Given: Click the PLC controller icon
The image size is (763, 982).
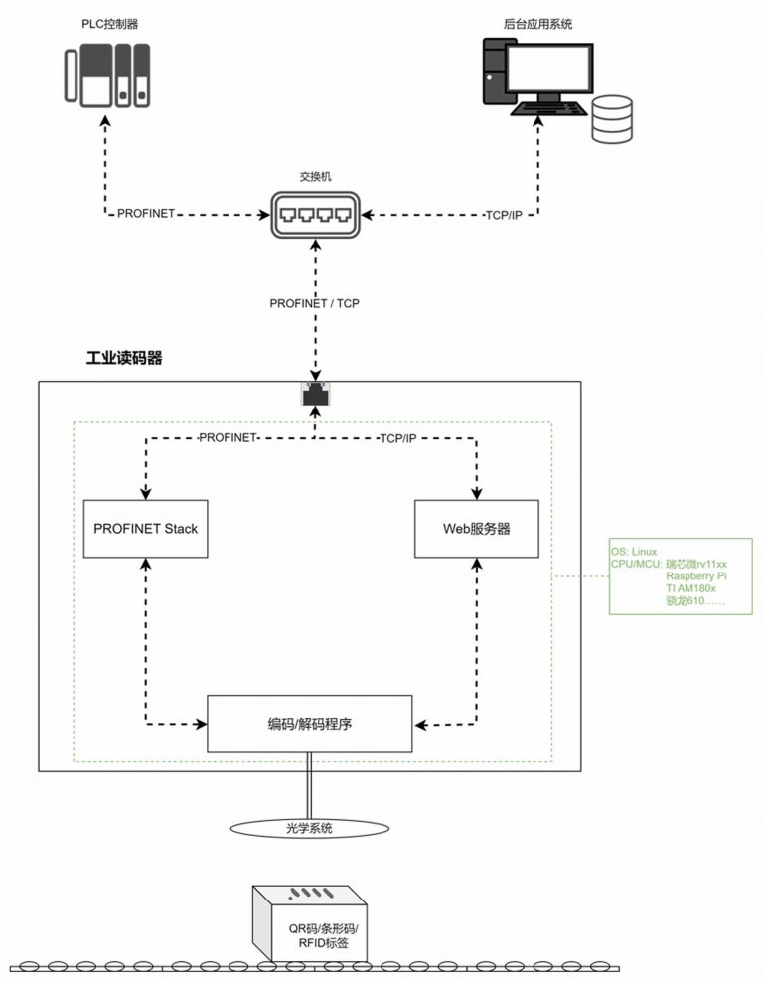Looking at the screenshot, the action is pos(107,76).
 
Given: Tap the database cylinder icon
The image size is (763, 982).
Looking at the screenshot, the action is pos(612,119).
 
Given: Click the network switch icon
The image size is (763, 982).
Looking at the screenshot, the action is pos(316,215).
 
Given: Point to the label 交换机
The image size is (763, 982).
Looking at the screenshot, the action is pos(316,177).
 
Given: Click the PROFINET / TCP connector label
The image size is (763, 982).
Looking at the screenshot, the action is pos(314,303).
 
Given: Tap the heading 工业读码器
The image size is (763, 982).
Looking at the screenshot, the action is pos(124,358).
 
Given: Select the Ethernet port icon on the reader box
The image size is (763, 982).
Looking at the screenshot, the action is pos(316,394).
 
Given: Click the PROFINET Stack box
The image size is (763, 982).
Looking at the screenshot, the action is pos(146,529).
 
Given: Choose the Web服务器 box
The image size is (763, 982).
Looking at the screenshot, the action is pos(476,529).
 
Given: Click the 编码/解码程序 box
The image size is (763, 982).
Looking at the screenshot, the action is pos(310,724).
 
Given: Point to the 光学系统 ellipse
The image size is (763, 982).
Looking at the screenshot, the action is pos(310,828).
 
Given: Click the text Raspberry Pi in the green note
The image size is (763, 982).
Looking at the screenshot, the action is pos(696,576).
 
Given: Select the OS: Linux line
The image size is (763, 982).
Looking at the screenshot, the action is pos(634,552).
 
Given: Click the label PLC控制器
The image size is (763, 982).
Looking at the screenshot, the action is pos(109,24).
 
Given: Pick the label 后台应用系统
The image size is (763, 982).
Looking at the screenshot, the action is pos(537,24).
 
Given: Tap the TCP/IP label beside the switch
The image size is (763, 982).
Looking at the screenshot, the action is pos(504,215).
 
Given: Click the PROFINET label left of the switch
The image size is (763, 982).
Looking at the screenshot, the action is pos(146,213).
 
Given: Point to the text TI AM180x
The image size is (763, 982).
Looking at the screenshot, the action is pos(690,588).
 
